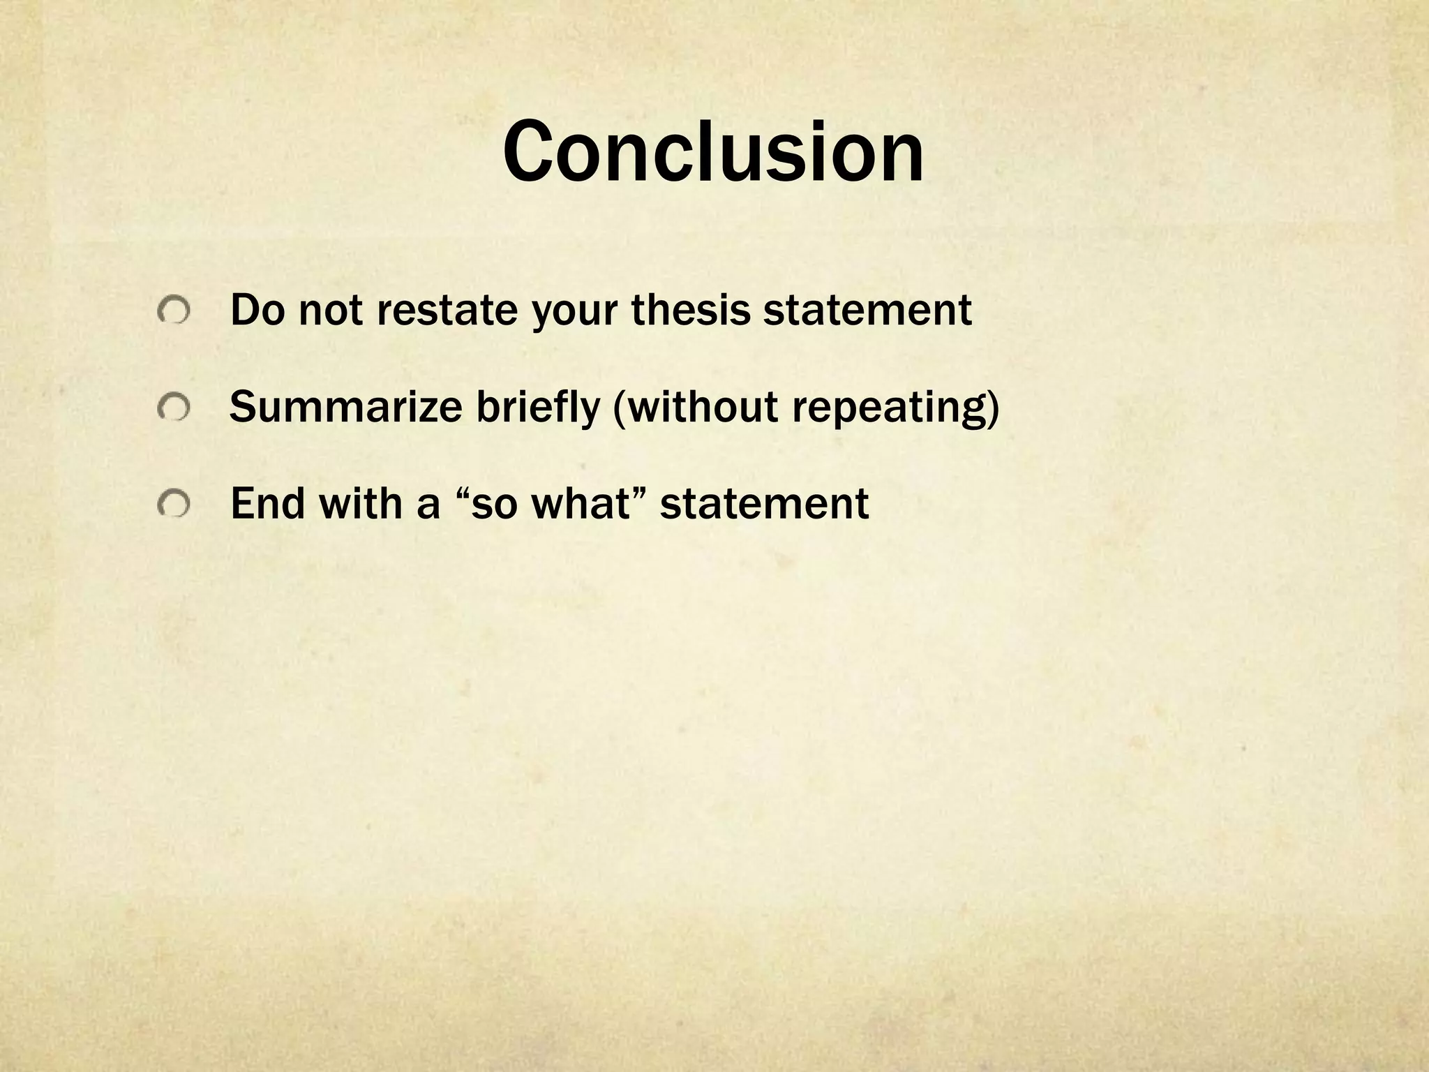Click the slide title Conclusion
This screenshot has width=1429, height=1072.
click(713, 152)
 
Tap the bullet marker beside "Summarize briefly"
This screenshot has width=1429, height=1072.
click(172, 407)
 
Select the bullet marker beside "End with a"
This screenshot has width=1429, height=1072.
click(172, 504)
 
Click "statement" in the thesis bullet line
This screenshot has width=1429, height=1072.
click(867, 311)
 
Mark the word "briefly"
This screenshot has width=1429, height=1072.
click(537, 408)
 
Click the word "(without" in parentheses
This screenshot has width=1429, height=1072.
click(694, 407)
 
